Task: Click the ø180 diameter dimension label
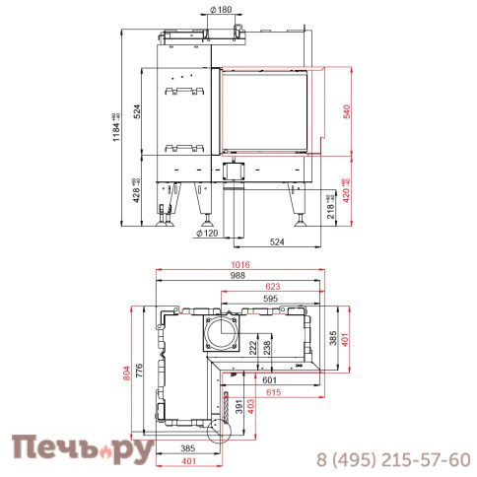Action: click(222, 9)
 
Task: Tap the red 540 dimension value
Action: click(347, 112)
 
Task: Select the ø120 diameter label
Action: click(207, 234)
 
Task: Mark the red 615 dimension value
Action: click(273, 393)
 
